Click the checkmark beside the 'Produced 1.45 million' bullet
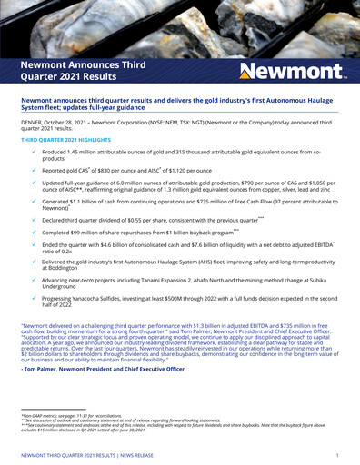point(33,152)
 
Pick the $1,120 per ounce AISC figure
point(199,170)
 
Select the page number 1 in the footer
point(335,453)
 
